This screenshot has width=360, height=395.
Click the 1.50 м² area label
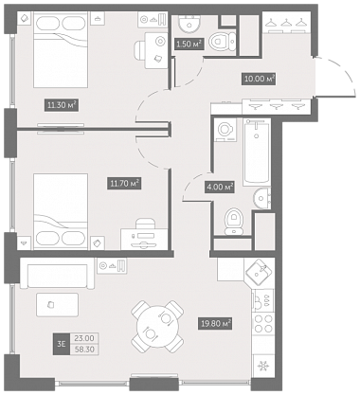[x=189, y=44]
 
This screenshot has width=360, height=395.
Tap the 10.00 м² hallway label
[x=259, y=79]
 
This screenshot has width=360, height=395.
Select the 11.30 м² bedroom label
[x=62, y=105]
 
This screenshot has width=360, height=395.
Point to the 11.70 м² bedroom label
[x=125, y=183]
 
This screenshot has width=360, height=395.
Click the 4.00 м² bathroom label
[x=220, y=187]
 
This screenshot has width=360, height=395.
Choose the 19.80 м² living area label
[x=215, y=324]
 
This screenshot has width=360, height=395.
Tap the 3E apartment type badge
[x=62, y=344]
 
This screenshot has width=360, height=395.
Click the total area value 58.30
[x=84, y=350]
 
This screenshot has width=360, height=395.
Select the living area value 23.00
[x=84, y=338]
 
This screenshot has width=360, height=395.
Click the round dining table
[x=157, y=327]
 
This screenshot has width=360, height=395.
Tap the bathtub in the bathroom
[x=257, y=153]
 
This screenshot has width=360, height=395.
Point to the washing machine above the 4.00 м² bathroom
[x=225, y=130]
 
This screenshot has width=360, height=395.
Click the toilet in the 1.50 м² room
[x=223, y=41]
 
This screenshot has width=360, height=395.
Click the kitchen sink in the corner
[x=260, y=272]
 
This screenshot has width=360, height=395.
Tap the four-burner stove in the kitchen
[x=263, y=323]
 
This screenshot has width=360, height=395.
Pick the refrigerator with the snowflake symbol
[x=262, y=367]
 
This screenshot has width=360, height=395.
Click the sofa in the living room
[x=57, y=276]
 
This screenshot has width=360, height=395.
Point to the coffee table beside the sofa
[x=57, y=305]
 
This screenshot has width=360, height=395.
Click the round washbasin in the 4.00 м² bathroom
[x=261, y=198]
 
